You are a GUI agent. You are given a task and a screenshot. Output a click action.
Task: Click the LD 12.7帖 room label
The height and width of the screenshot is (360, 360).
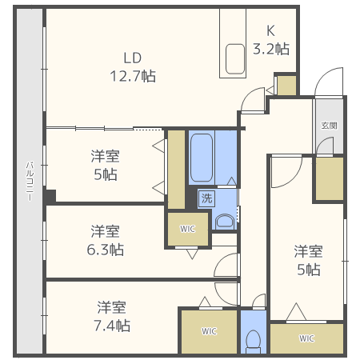pyautogui.click(x=133, y=67)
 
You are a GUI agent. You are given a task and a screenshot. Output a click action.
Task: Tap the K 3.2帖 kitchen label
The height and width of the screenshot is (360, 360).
pyautogui.click(x=271, y=40)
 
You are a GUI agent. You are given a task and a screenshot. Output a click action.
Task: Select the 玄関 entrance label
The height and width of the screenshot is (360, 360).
pyautogui.click(x=330, y=126)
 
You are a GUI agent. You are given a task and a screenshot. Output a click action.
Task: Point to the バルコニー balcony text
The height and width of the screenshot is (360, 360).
pyautogui.click(x=30, y=181)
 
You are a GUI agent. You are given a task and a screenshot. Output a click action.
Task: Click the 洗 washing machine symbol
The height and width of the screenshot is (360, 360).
pyautogui.click(x=206, y=198)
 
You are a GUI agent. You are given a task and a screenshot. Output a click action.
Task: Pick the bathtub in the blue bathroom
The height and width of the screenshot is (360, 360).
pyautogui.click(x=202, y=158)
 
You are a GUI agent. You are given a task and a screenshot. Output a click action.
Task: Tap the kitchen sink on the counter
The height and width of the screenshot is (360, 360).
pyautogui.click(x=235, y=59)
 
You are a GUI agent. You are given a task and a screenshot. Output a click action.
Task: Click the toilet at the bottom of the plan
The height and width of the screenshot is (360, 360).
pyautogui.click(x=254, y=342)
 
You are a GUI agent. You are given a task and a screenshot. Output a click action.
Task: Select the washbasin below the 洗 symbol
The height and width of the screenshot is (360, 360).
pyautogui.click(x=225, y=222)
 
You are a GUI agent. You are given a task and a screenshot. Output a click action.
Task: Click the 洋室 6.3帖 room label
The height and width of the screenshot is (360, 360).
pyautogui.click(x=106, y=240)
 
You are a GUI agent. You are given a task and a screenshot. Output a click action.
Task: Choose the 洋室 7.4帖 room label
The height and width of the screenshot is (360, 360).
pyautogui.click(x=112, y=316)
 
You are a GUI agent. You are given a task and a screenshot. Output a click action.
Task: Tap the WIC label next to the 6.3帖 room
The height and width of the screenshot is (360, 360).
pyautogui.click(x=187, y=229)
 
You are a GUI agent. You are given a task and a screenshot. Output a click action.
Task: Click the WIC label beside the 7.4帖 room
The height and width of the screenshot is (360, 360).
pyautogui.click(x=210, y=331)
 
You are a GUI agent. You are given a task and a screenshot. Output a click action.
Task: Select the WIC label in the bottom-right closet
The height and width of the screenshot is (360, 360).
pyautogui.click(x=306, y=338)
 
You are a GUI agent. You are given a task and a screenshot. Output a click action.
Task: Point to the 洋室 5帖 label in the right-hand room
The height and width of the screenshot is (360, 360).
pyautogui.click(x=309, y=260)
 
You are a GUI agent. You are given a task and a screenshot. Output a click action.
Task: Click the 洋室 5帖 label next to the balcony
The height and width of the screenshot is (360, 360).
pyautogui.click(x=106, y=166)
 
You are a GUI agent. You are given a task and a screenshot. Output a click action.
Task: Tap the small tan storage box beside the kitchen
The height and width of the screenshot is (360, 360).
pyautogui.click(x=286, y=86)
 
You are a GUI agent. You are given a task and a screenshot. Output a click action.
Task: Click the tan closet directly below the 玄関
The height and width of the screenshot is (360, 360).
pyautogui.click(x=330, y=178)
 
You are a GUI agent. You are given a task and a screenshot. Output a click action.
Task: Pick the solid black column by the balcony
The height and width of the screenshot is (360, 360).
pyautogui.click(x=50, y=197)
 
